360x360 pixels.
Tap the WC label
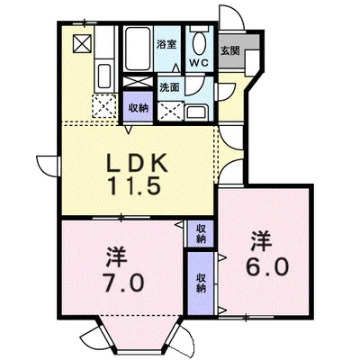(x=198, y=64)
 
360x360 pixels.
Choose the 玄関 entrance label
(x=230, y=49)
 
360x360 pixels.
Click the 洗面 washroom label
(x=170, y=88)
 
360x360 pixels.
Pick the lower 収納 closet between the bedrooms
(x=200, y=283)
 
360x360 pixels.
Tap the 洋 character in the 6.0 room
(x=261, y=239)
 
